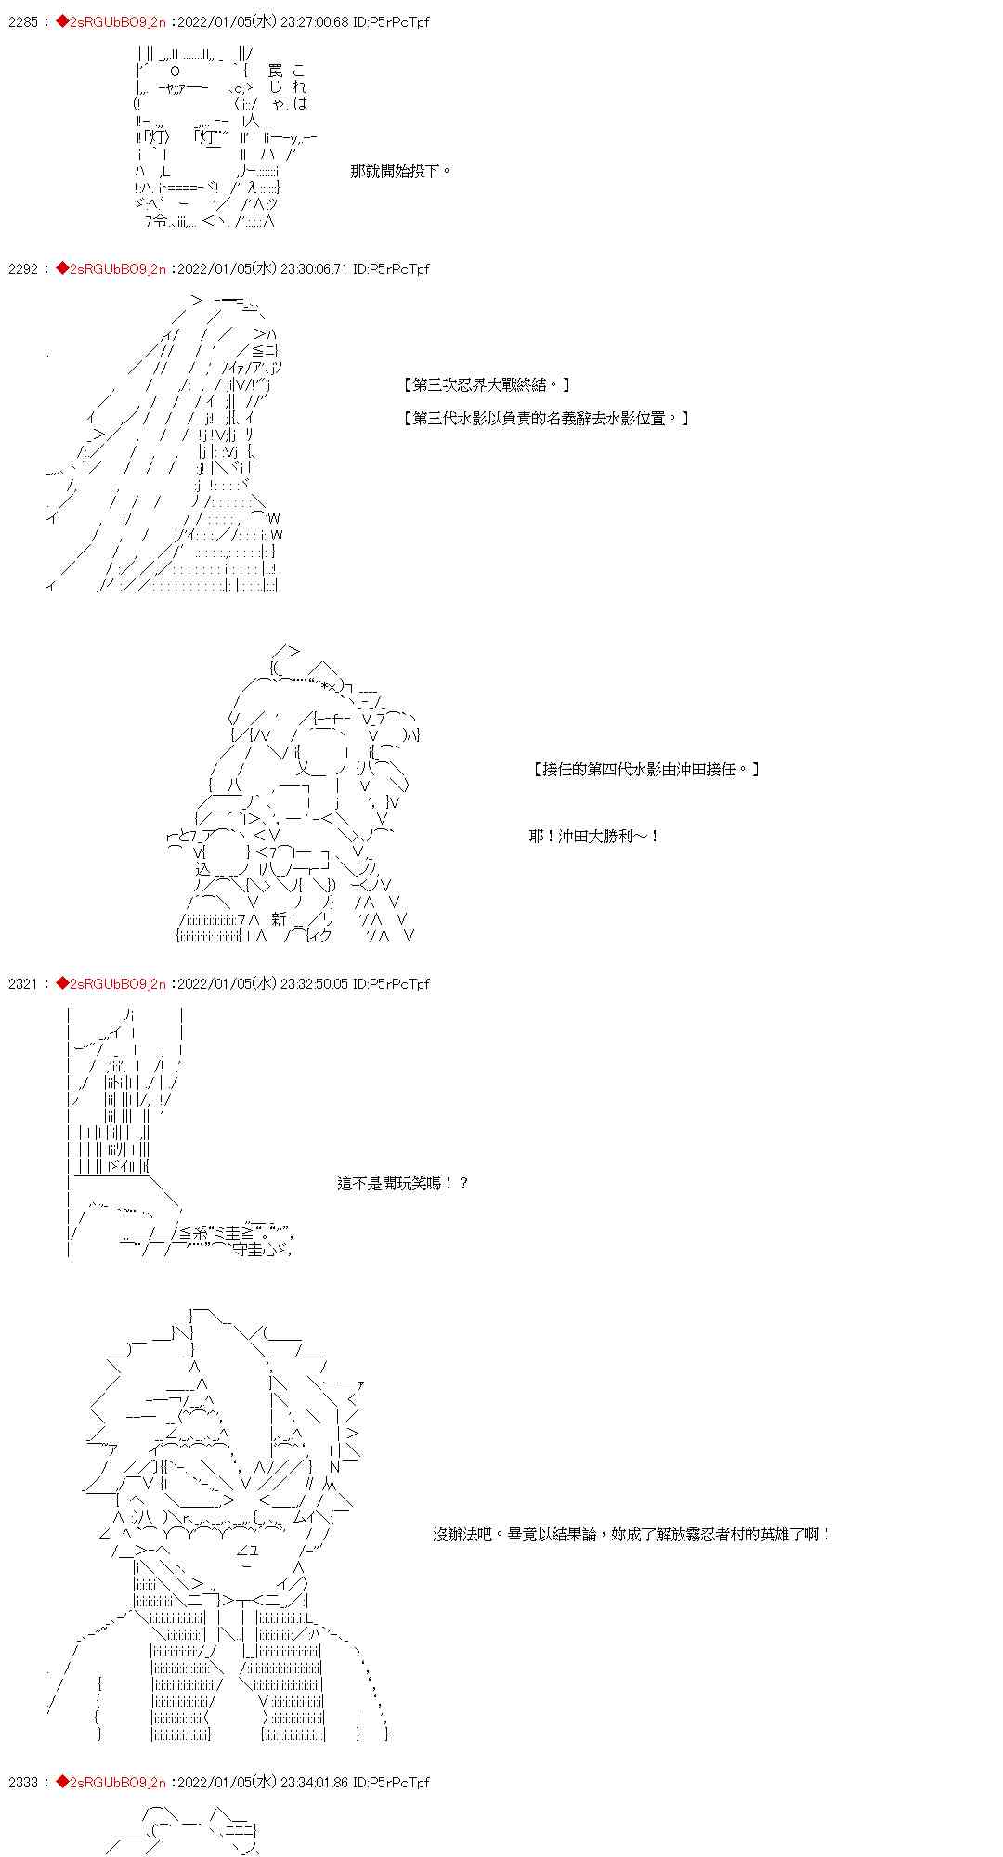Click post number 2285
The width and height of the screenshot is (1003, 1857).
click(23, 21)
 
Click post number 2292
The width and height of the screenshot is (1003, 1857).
click(23, 268)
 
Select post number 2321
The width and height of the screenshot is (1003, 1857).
click(23, 983)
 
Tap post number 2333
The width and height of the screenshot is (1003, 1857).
click(23, 1782)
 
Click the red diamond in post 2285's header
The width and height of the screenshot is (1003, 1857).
click(62, 21)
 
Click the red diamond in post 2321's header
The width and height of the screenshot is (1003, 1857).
click(62, 983)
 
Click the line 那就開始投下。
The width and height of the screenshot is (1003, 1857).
click(400, 171)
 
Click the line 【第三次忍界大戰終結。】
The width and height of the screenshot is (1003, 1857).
click(487, 384)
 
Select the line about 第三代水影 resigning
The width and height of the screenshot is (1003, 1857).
click(546, 418)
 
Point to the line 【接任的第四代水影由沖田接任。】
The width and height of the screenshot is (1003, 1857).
click(646, 769)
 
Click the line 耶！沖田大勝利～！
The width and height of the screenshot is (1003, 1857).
click(594, 836)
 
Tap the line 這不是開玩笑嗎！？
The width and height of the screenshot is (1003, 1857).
click(403, 1183)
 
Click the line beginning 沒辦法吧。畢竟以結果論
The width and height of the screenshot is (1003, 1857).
click(632, 1534)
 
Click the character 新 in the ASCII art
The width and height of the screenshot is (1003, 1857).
click(279, 919)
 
